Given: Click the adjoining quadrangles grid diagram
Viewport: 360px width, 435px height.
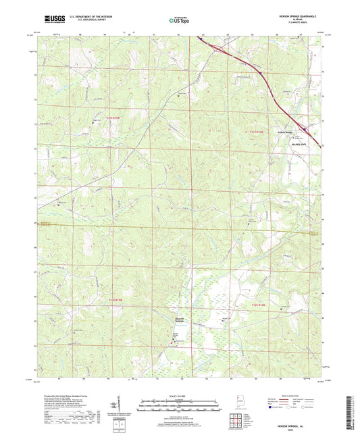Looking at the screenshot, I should tap(234, 418).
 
